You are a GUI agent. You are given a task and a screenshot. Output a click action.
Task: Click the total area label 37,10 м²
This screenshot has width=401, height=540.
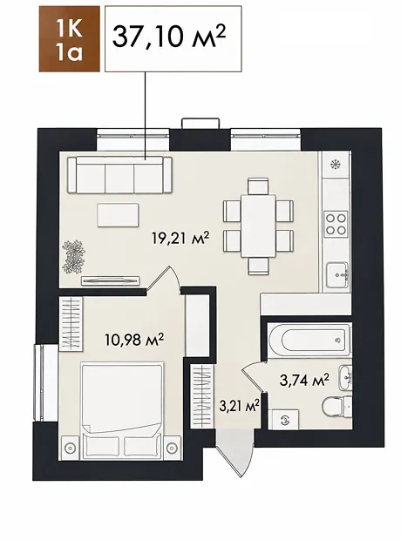pyautogui.click(x=169, y=37)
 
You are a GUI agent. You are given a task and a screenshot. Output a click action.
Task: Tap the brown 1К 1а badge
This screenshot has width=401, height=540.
pyautogui.click(x=70, y=38)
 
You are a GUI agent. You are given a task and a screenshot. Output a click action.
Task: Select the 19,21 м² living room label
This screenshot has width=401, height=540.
pyautogui.click(x=180, y=238)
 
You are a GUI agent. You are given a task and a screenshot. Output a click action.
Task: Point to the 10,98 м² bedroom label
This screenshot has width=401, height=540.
pyautogui.click(x=134, y=341)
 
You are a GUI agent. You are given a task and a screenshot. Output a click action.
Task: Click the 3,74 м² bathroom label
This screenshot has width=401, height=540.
pyautogui.click(x=304, y=381)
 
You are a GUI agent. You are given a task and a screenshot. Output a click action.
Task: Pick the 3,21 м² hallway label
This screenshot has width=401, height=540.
pyautogui.click(x=239, y=406)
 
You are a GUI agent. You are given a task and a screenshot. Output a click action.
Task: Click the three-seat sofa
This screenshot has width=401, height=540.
pyautogui.click(x=119, y=175)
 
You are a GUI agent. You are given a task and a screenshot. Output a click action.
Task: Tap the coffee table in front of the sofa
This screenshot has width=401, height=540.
pyautogui.click(x=118, y=215)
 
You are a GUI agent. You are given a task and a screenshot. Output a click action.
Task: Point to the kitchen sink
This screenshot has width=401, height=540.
pyautogui.click(x=338, y=275)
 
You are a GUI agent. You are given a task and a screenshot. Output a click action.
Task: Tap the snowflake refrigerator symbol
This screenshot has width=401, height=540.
pyautogui.click(x=334, y=165)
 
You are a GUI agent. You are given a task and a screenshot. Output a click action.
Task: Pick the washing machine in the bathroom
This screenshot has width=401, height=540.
pyautogui.click(x=283, y=420)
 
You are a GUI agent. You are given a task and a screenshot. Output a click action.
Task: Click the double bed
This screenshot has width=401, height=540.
pyautogui.click(x=122, y=410)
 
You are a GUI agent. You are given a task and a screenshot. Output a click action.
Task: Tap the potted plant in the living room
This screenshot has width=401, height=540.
pyautogui.click(x=73, y=257)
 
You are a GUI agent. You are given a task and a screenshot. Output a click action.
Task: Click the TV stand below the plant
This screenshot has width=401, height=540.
pyautogui.click(x=111, y=280)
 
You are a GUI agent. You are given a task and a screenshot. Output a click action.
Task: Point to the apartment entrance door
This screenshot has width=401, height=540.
pyautogui.click(x=234, y=453)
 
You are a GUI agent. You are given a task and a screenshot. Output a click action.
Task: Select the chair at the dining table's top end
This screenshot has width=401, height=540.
pyautogui.click(x=258, y=186)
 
